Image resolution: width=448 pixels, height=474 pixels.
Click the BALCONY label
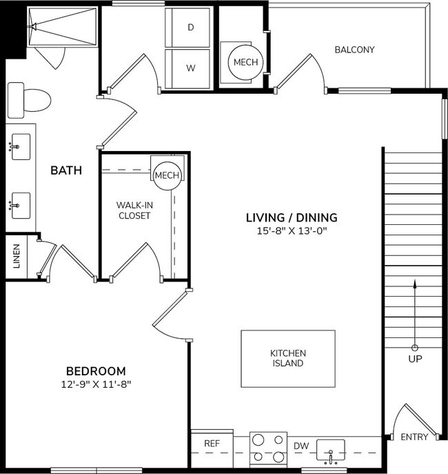point(354,50)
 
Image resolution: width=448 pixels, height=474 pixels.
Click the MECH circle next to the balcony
point(245,62)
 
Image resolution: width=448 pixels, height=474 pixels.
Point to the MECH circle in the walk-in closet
point(167,175)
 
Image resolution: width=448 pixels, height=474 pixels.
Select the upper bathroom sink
point(21,146)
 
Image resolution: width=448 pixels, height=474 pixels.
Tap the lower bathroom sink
point(21,204)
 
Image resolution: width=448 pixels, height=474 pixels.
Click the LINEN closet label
point(17,256)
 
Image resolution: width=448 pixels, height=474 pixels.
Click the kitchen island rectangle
point(287,358)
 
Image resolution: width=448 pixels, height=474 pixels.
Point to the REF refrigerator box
point(212,444)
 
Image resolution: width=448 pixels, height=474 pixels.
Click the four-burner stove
point(267,449)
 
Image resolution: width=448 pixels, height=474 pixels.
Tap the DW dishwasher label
point(301,446)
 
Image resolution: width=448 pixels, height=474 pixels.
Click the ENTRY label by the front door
point(414,437)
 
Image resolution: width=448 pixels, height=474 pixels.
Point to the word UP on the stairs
point(415,359)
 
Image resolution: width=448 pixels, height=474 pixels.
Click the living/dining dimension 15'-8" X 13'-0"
point(292,230)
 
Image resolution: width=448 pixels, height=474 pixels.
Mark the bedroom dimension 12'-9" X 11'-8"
point(96,384)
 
